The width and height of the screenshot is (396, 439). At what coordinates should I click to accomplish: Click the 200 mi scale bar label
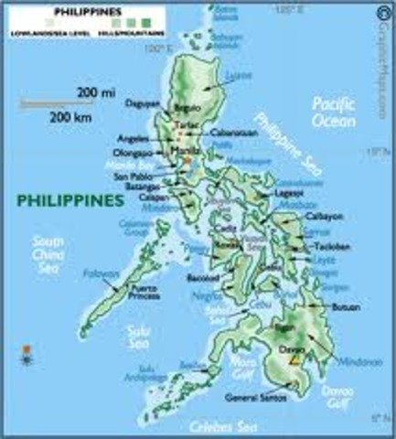[x=89, y=95]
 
